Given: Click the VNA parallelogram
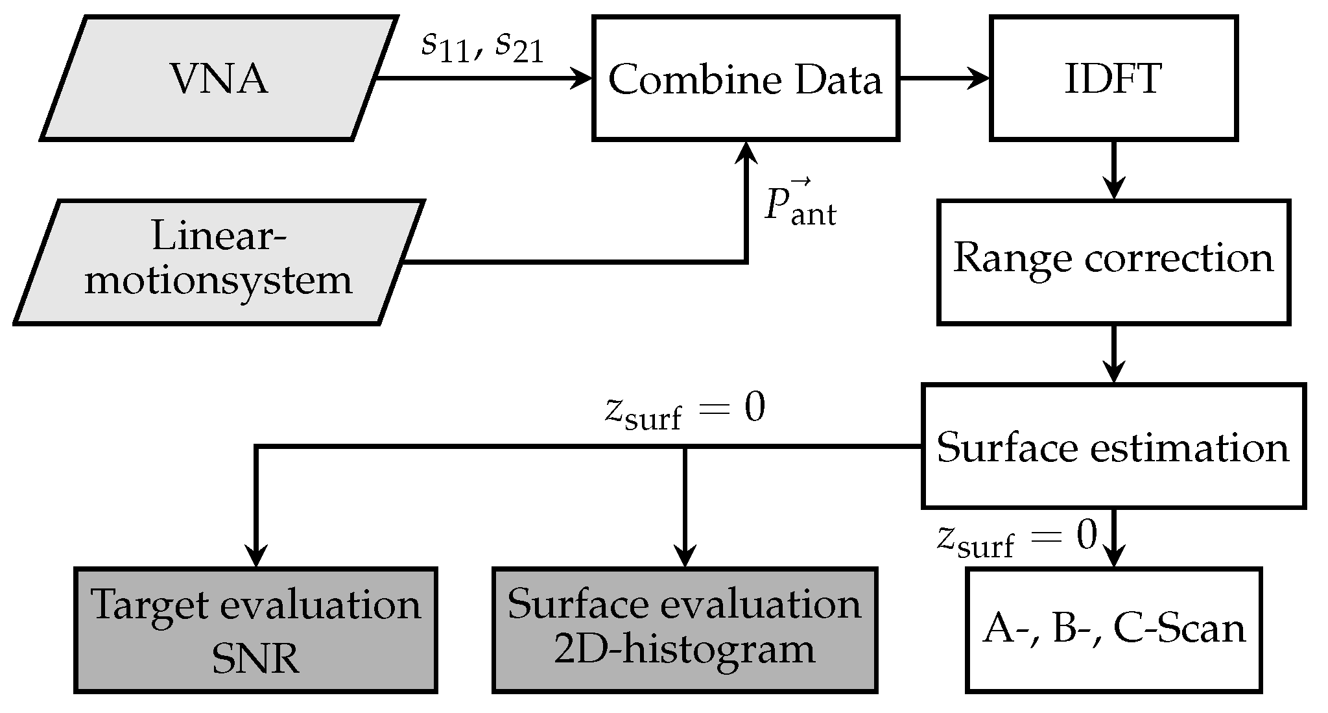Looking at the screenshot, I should pos(219,79).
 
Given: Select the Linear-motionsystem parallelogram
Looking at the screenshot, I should pos(219,261).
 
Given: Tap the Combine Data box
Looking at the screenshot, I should pos(745,79).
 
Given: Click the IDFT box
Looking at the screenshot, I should pos(1113,79).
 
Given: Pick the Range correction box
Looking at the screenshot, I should pos(1113,261).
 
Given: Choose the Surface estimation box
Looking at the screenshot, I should pos(1113,446).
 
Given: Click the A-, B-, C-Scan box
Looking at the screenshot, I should pos(1113,629).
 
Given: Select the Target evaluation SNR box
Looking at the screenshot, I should pos(256,629).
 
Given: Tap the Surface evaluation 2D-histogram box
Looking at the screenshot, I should pos(684,629).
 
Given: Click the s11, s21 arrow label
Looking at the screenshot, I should pos(482,47).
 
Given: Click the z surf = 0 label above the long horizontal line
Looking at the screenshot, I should pos(684,411).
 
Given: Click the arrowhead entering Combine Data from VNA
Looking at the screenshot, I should pos(582,79).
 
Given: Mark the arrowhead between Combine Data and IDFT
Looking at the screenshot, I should pos(979,79).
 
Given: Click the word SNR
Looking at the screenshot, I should pos(255,660).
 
